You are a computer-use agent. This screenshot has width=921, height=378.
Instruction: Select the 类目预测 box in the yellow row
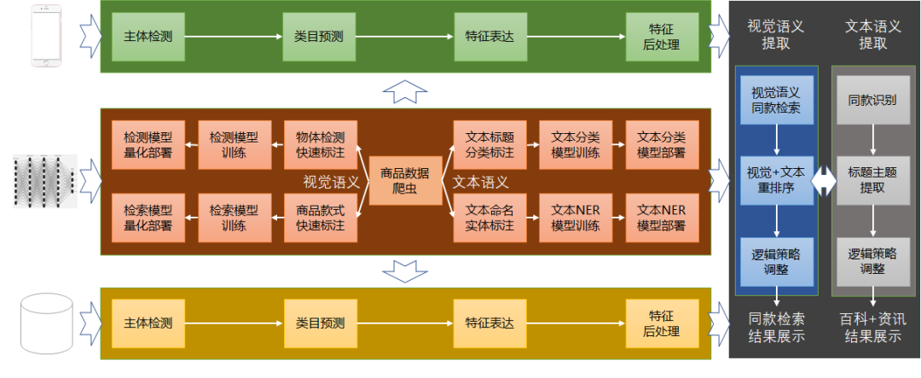tap(320, 323)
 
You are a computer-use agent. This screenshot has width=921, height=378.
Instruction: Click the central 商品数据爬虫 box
tap(405, 181)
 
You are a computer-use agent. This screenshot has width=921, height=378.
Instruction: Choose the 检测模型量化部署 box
tap(148, 144)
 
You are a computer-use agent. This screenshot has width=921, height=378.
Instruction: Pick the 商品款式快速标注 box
tap(320, 218)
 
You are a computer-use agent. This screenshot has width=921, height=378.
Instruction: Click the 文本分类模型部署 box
tap(662, 144)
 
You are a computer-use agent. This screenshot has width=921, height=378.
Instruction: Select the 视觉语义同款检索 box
tap(776, 99)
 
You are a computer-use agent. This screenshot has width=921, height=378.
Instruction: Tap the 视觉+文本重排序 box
tap(776, 180)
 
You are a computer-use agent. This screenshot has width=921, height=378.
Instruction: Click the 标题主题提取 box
tap(872, 180)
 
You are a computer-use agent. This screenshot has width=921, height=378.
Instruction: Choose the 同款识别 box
tap(872, 99)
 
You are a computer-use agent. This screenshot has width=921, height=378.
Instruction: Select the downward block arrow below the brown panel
tap(404, 270)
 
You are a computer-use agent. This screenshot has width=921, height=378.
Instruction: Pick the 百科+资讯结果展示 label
tap(872, 328)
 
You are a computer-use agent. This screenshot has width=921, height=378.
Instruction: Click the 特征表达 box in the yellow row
tap(490, 323)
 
